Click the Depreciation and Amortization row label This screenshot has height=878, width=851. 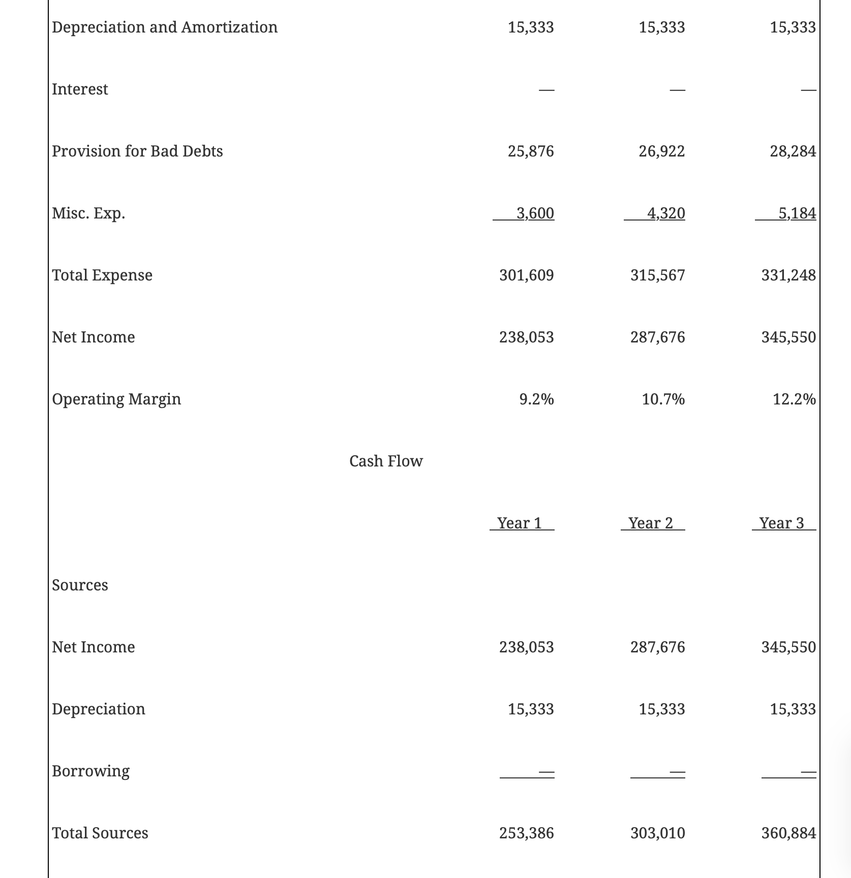[165, 27]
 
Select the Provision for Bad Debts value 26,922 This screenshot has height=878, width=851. [661, 151]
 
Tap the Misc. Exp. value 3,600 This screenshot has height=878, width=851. [535, 213]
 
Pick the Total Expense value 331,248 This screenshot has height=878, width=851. [788, 275]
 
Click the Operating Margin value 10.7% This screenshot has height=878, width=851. [663, 399]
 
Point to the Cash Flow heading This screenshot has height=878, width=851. [386, 461]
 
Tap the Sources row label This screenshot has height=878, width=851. [80, 585]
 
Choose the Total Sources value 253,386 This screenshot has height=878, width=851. [526, 833]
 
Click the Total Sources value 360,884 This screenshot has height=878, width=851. [788, 833]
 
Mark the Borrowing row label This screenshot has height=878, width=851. [90, 771]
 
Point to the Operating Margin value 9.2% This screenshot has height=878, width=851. [536, 399]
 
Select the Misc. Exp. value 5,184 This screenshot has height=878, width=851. [797, 213]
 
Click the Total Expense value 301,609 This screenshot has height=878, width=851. [526, 275]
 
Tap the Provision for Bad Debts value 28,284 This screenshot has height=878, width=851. [793, 151]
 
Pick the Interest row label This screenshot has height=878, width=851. [80, 89]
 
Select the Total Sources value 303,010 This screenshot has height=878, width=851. [657, 833]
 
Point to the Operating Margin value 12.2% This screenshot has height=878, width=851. [794, 399]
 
